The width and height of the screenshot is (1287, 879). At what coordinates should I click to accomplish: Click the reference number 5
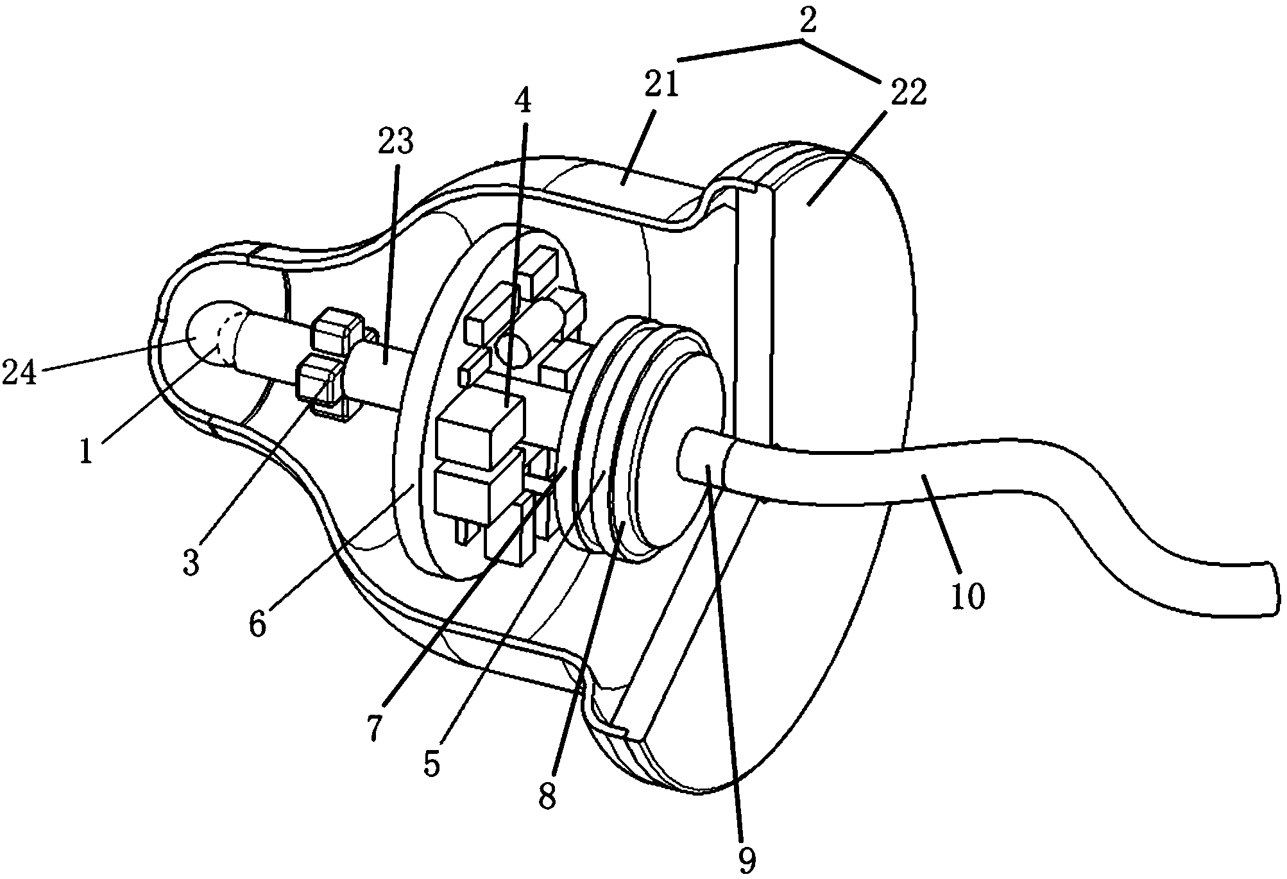coord(431,764)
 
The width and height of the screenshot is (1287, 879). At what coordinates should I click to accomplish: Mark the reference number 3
coord(191,562)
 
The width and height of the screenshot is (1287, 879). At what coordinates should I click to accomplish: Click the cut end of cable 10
coord(1262,589)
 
